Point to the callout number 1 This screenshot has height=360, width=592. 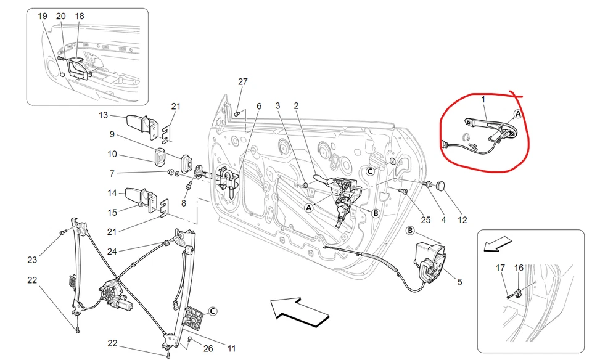[x=483, y=99]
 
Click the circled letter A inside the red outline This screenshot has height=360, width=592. [x=517, y=114]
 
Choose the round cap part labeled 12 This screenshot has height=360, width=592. [x=441, y=185]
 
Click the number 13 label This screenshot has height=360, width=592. [x=103, y=115]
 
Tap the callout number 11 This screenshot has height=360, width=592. [x=231, y=348]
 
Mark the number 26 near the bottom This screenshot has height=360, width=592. [x=208, y=348]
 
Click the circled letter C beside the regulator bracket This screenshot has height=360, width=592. [x=212, y=311]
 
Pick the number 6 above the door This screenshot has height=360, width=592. [x=259, y=106]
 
